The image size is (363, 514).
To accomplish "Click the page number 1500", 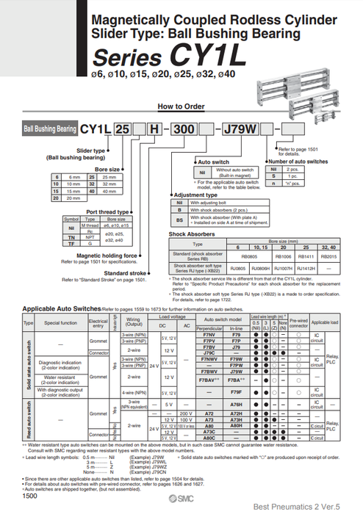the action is (29, 496).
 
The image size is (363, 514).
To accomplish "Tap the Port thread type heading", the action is (107, 211).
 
